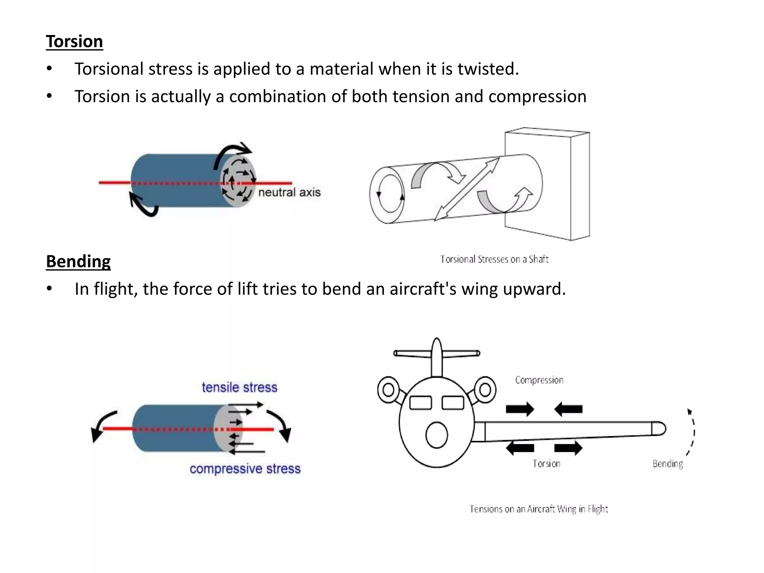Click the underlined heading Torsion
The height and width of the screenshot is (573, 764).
74,41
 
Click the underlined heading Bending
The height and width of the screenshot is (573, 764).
78,261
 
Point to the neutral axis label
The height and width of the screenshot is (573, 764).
289,192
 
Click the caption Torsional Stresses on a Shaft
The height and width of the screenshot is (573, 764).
494,259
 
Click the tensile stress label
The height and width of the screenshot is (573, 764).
239,387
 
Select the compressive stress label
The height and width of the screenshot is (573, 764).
245,469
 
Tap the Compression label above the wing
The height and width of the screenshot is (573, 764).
539,380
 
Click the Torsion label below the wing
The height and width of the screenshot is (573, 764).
546,464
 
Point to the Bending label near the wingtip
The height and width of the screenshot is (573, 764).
667,464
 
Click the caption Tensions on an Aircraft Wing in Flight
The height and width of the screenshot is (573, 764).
538,509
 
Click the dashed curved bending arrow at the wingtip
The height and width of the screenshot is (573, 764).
693,433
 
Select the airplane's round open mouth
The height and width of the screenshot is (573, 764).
436,435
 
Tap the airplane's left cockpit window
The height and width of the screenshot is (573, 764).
420,403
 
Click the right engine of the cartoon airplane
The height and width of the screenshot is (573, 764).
485,390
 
